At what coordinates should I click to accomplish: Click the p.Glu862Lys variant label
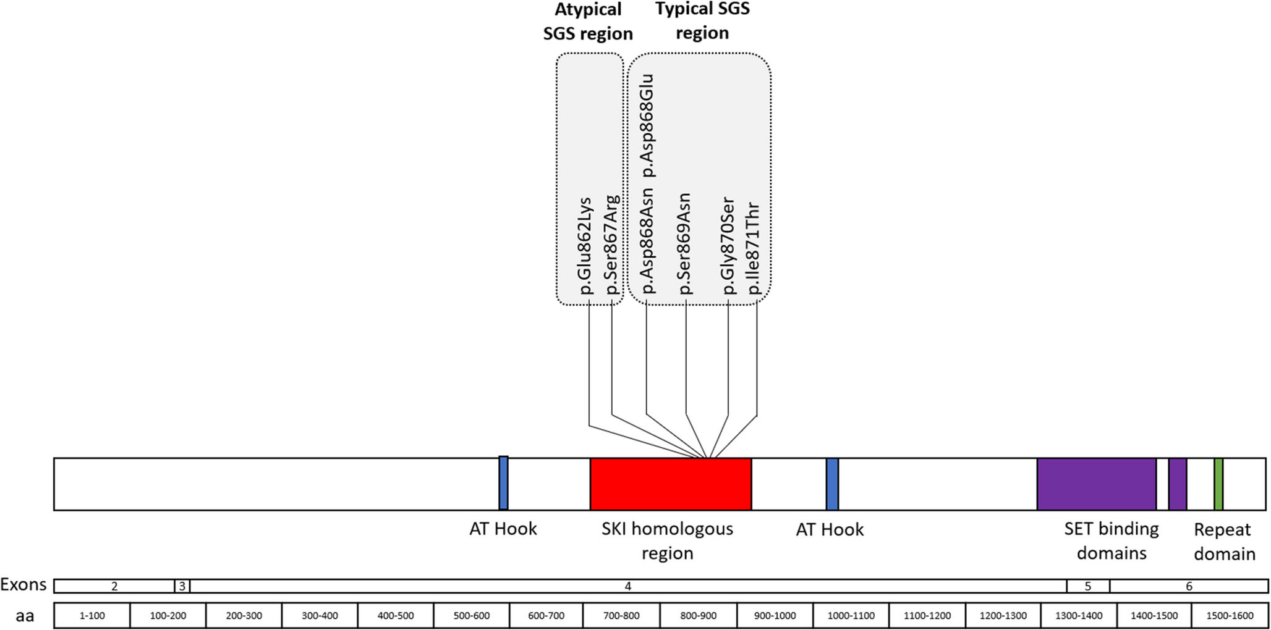(584, 246)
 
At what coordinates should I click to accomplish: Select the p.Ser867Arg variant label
(611, 246)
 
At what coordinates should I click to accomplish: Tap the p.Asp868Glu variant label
(647, 125)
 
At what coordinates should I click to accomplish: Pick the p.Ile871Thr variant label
(754, 248)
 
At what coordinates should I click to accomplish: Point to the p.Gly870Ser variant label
(728, 246)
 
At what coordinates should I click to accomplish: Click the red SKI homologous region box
(670, 484)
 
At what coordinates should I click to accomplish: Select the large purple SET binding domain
(1096, 484)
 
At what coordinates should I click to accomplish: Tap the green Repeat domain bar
(1218, 484)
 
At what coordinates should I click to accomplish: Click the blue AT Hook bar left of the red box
(503, 483)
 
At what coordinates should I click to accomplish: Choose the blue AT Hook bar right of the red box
(832, 484)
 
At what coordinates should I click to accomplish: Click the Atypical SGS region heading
(588, 22)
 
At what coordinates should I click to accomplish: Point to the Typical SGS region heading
(702, 20)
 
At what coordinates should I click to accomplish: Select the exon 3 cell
(182, 586)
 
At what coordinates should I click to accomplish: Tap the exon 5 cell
(1088, 586)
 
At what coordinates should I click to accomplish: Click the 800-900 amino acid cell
(698, 615)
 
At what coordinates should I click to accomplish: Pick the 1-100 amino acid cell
(92, 615)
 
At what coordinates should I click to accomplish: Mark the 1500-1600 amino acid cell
(1230, 615)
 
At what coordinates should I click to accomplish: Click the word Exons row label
(23, 584)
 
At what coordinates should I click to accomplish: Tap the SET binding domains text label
(1112, 540)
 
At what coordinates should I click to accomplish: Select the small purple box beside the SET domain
(1177, 484)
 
